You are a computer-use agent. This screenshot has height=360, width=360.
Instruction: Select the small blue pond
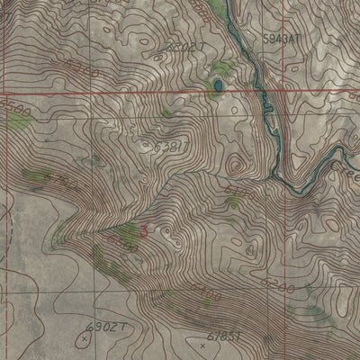tap(217, 86)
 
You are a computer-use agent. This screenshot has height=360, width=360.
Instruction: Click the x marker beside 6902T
tap(84, 338)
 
